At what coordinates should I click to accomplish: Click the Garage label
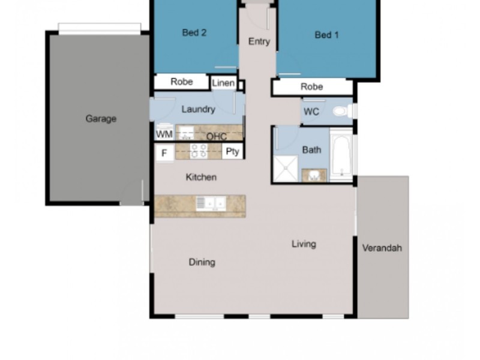pos(101,119)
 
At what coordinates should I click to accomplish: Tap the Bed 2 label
pos(194,33)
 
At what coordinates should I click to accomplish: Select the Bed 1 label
pos(327,35)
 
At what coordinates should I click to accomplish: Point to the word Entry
pos(259,41)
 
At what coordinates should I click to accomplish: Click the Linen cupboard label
pos(223,83)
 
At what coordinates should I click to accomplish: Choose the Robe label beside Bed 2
pos(182,82)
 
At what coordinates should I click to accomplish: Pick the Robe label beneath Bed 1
pos(312,87)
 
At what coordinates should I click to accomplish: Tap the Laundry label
pos(198,109)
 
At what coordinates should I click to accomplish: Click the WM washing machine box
pos(164,133)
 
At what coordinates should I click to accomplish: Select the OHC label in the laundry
pos(216,137)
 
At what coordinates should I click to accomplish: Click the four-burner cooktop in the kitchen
pos(199,151)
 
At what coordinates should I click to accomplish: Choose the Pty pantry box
pos(232,152)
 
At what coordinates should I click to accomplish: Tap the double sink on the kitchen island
pos(210,205)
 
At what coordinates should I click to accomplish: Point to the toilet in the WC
pos(341,111)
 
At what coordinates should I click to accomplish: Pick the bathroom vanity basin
pos(314,175)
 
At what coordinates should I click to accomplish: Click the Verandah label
pos(382,248)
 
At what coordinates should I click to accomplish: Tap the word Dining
pos(202,262)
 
